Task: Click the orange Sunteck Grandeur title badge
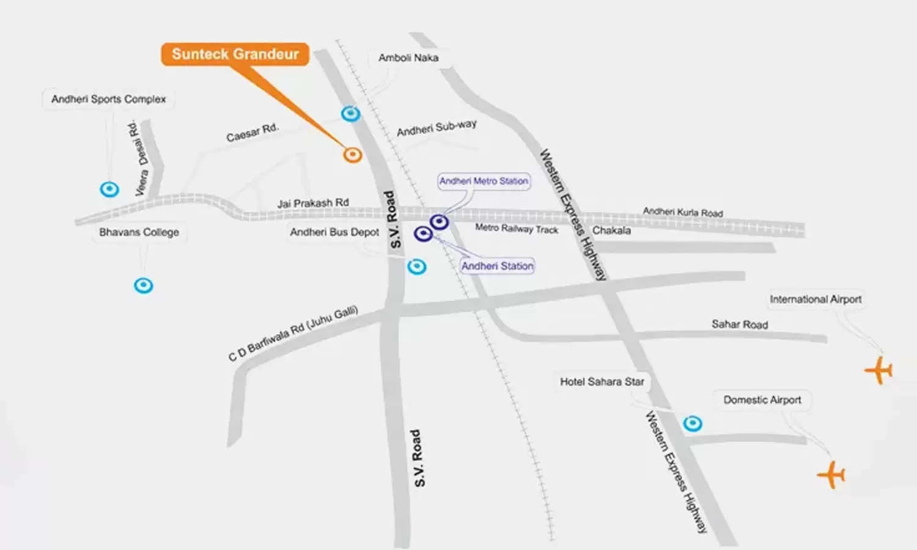[x=235, y=54]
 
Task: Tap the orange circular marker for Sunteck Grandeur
[x=352, y=155]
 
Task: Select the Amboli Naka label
[x=408, y=58]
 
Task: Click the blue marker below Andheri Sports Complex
[x=109, y=189]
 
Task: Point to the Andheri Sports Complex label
[x=108, y=99]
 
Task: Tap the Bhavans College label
[x=139, y=232]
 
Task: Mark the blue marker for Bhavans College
[x=144, y=285]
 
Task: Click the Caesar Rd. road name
[x=252, y=133]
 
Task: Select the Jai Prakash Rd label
[x=313, y=203]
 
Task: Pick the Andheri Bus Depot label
[x=334, y=232]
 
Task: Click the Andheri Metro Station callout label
[x=484, y=182]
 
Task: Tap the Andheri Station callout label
[x=497, y=266]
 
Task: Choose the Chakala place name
[x=611, y=230]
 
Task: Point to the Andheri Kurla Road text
[x=682, y=212]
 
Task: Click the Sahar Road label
[x=740, y=324]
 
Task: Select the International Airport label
[x=816, y=299]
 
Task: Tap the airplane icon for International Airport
[x=879, y=370]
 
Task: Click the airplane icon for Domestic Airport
[x=831, y=474]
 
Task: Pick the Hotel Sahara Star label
[x=602, y=382]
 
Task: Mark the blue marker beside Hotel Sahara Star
[x=693, y=424]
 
